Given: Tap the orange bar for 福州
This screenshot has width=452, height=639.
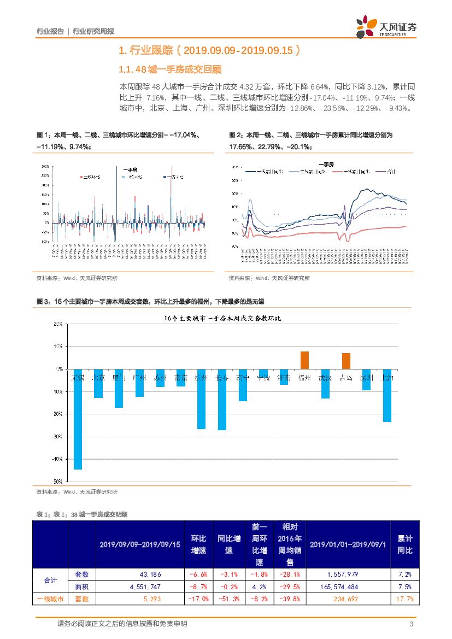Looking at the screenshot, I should (305, 360).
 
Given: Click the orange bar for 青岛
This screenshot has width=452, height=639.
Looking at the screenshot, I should (346, 361).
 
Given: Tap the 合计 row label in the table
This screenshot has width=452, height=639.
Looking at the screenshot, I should (50, 581).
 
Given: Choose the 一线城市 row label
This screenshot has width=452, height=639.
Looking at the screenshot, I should (50, 599).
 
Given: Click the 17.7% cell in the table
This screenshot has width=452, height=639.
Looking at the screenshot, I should (404, 599).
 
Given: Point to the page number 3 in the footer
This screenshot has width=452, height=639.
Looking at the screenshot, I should (411, 624).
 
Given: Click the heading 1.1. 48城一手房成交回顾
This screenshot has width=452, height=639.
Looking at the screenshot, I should (171, 69).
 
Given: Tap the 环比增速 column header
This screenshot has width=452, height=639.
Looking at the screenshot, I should (198, 544).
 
